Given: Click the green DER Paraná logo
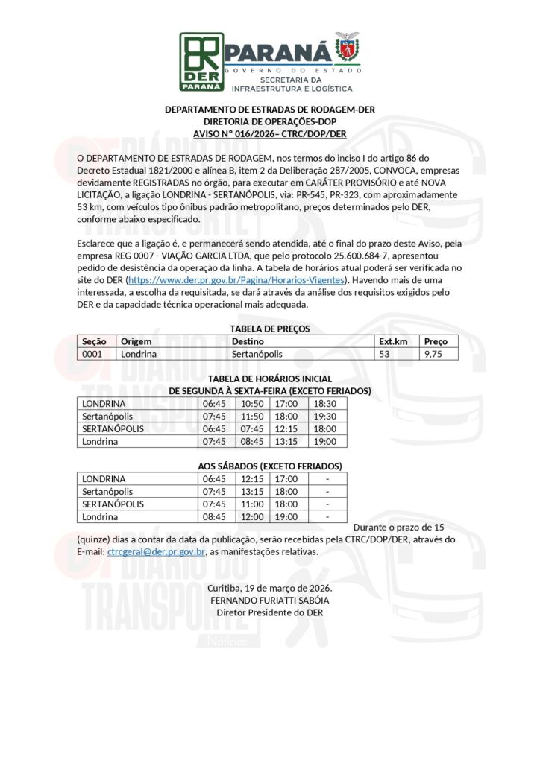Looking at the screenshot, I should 201,61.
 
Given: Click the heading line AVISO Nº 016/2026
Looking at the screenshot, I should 269,133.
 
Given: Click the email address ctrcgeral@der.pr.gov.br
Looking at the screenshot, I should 156,552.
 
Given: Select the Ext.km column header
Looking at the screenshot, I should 393,341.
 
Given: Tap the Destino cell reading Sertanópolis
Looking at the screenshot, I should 257,354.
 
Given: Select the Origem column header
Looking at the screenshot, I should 136,341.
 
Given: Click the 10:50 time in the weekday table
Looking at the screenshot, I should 251,403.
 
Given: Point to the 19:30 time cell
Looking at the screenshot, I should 325,416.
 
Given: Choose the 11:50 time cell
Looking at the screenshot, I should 251,416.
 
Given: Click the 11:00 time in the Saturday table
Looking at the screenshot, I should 251,504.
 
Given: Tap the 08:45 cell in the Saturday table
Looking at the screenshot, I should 214,516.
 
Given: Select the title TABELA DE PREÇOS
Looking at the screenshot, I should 269,329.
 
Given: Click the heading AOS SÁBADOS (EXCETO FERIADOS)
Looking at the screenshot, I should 269,466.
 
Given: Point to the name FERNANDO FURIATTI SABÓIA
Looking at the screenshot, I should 269,600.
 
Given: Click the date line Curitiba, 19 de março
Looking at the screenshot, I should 269,588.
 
